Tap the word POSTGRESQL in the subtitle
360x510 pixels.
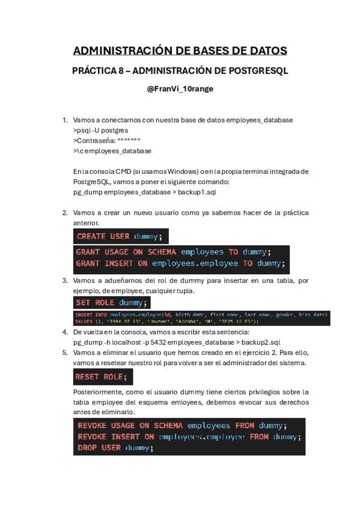coord(258,70)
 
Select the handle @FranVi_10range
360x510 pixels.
coord(180,89)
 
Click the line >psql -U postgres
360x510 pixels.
coord(100,130)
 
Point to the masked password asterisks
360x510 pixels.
coord(129,140)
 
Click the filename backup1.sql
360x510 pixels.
coord(201,192)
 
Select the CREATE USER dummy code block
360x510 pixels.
coord(121,236)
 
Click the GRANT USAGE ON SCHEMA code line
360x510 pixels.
coord(173,252)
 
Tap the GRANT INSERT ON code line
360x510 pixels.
coord(181,263)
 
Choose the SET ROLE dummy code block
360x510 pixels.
coord(112,303)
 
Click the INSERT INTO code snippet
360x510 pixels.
coord(201,318)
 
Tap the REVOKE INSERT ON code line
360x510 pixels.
coord(189,437)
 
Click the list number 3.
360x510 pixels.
coord(65,280)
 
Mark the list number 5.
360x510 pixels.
coord(65,352)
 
